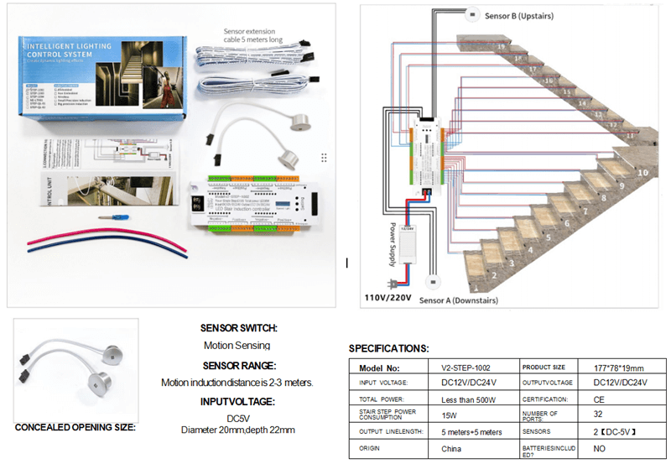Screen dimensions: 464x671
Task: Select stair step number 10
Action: tap(643, 172)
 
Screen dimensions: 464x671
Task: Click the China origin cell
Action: tap(452, 449)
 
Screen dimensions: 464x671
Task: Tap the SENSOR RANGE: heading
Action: tap(239, 366)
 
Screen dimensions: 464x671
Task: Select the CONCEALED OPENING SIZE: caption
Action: tap(75, 427)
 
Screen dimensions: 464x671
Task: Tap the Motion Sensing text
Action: tap(237, 346)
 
